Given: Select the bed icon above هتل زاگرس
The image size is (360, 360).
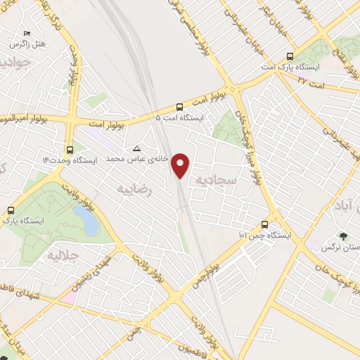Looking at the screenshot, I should point(27,33).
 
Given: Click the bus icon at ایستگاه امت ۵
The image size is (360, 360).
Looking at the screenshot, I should point(180,108).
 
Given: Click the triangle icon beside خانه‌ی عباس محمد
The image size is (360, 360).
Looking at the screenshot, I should point(137,148).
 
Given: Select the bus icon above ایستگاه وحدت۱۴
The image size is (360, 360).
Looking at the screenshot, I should point(69,149).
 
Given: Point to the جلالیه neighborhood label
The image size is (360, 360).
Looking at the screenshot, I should point(61,255).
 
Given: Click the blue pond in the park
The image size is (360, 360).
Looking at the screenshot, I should point(90,223).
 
